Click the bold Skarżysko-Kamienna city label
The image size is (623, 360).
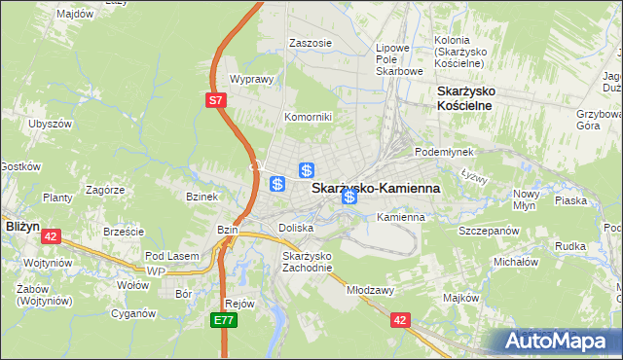pyautogui.click(x=375, y=188)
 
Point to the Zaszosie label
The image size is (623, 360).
pyautogui.click(x=311, y=43)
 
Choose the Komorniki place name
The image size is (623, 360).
pyautogui.click(x=308, y=117)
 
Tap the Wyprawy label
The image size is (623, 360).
pyautogui.click(x=249, y=80)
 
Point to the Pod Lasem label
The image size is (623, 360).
pyautogui.click(x=171, y=255)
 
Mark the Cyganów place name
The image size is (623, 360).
pyautogui.click(x=133, y=313)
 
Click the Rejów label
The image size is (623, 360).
pyautogui.click(x=238, y=303)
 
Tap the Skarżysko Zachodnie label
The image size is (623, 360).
pyautogui.click(x=308, y=262)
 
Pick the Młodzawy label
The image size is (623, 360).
pyautogui.click(x=369, y=289)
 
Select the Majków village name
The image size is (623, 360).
pyautogui.click(x=460, y=297)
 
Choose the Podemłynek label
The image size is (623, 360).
pyautogui.click(x=443, y=152)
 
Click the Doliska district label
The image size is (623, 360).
pyautogui.click(x=296, y=227)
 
